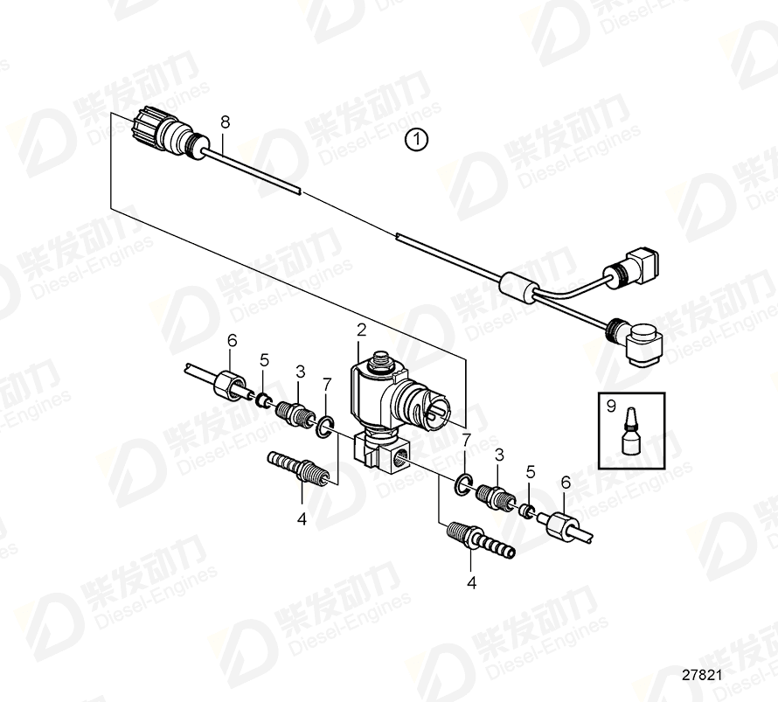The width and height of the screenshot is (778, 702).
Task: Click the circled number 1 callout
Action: click(x=417, y=140)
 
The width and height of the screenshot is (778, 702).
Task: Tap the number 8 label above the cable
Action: click(x=225, y=122)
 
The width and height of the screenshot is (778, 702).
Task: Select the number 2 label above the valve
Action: click(x=360, y=330)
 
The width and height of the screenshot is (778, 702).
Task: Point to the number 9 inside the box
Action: click(x=611, y=404)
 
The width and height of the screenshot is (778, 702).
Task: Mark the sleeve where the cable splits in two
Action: click(x=517, y=287)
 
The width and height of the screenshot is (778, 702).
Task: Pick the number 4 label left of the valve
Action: click(x=302, y=518)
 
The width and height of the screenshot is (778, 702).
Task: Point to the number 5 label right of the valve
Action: click(x=530, y=472)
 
